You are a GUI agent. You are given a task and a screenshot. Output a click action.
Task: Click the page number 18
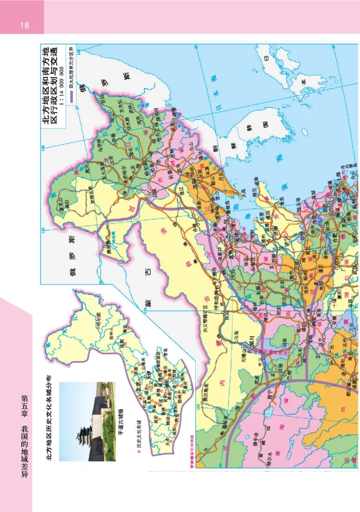click(24, 25)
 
